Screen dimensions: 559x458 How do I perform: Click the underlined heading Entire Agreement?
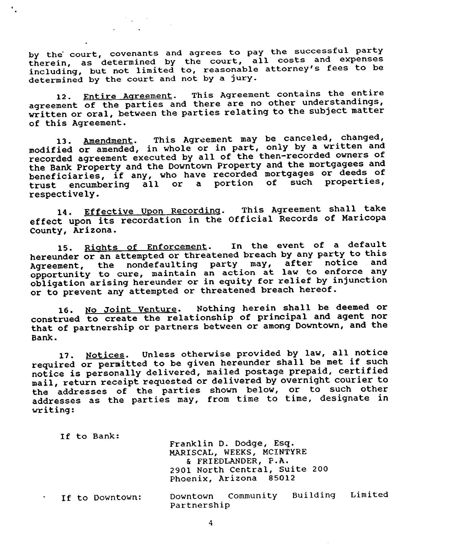pos(128,96)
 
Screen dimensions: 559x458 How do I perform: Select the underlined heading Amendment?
pos(108,141)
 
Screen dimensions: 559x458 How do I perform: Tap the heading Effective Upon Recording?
pos(152,211)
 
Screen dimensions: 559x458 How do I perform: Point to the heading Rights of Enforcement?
pos(145,247)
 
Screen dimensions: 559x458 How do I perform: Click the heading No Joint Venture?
pos(131,309)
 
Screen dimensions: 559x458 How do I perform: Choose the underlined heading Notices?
pos(105,355)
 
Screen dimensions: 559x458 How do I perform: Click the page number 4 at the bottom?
pos(211,523)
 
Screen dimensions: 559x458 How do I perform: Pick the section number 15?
pos(64,248)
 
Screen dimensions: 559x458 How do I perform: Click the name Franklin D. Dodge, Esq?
pos(232,443)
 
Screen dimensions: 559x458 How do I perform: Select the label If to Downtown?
pos(102,498)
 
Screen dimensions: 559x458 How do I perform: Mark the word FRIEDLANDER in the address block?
pos(227,461)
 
